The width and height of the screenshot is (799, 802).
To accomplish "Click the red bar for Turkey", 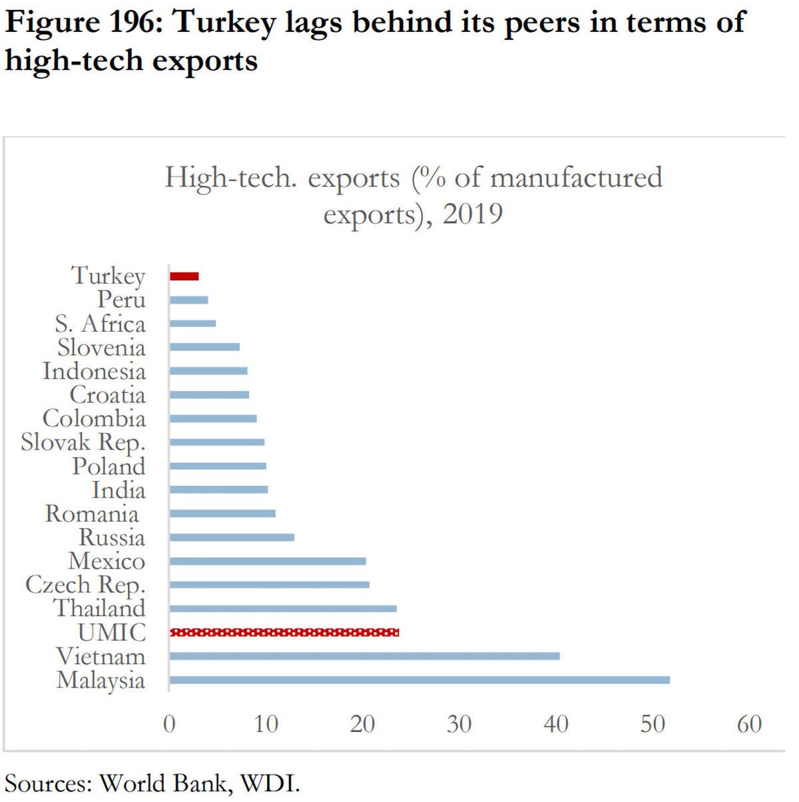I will pyautogui.click(x=184, y=276).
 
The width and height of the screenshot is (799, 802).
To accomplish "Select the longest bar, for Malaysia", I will pyautogui.click(x=419, y=680).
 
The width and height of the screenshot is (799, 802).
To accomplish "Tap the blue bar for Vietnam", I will pyautogui.click(x=364, y=656).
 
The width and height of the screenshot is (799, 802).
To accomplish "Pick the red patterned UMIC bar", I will pyautogui.click(x=284, y=632).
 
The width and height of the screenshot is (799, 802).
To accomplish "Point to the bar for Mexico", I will pyautogui.click(x=268, y=561).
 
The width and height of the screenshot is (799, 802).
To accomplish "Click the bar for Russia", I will pyautogui.click(x=232, y=537).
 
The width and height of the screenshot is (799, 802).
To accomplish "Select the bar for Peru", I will pyautogui.click(x=189, y=300).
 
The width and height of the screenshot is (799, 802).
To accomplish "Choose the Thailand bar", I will pyautogui.click(x=283, y=608).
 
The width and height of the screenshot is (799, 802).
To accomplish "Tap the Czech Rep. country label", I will pyautogui.click(x=85, y=586).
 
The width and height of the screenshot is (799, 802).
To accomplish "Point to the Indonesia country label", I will pyautogui.click(x=94, y=371).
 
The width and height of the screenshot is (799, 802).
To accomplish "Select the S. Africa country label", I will pyautogui.click(x=100, y=324).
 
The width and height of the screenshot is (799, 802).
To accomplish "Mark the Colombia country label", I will pyautogui.click(x=94, y=419).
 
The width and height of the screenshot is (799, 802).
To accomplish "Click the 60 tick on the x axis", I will pyautogui.click(x=749, y=723).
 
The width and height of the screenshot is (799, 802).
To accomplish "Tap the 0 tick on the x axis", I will pyautogui.click(x=170, y=723).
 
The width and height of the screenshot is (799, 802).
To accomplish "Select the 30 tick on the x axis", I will pyautogui.click(x=459, y=723).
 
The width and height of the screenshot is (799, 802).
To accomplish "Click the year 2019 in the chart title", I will pyautogui.click(x=473, y=214).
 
